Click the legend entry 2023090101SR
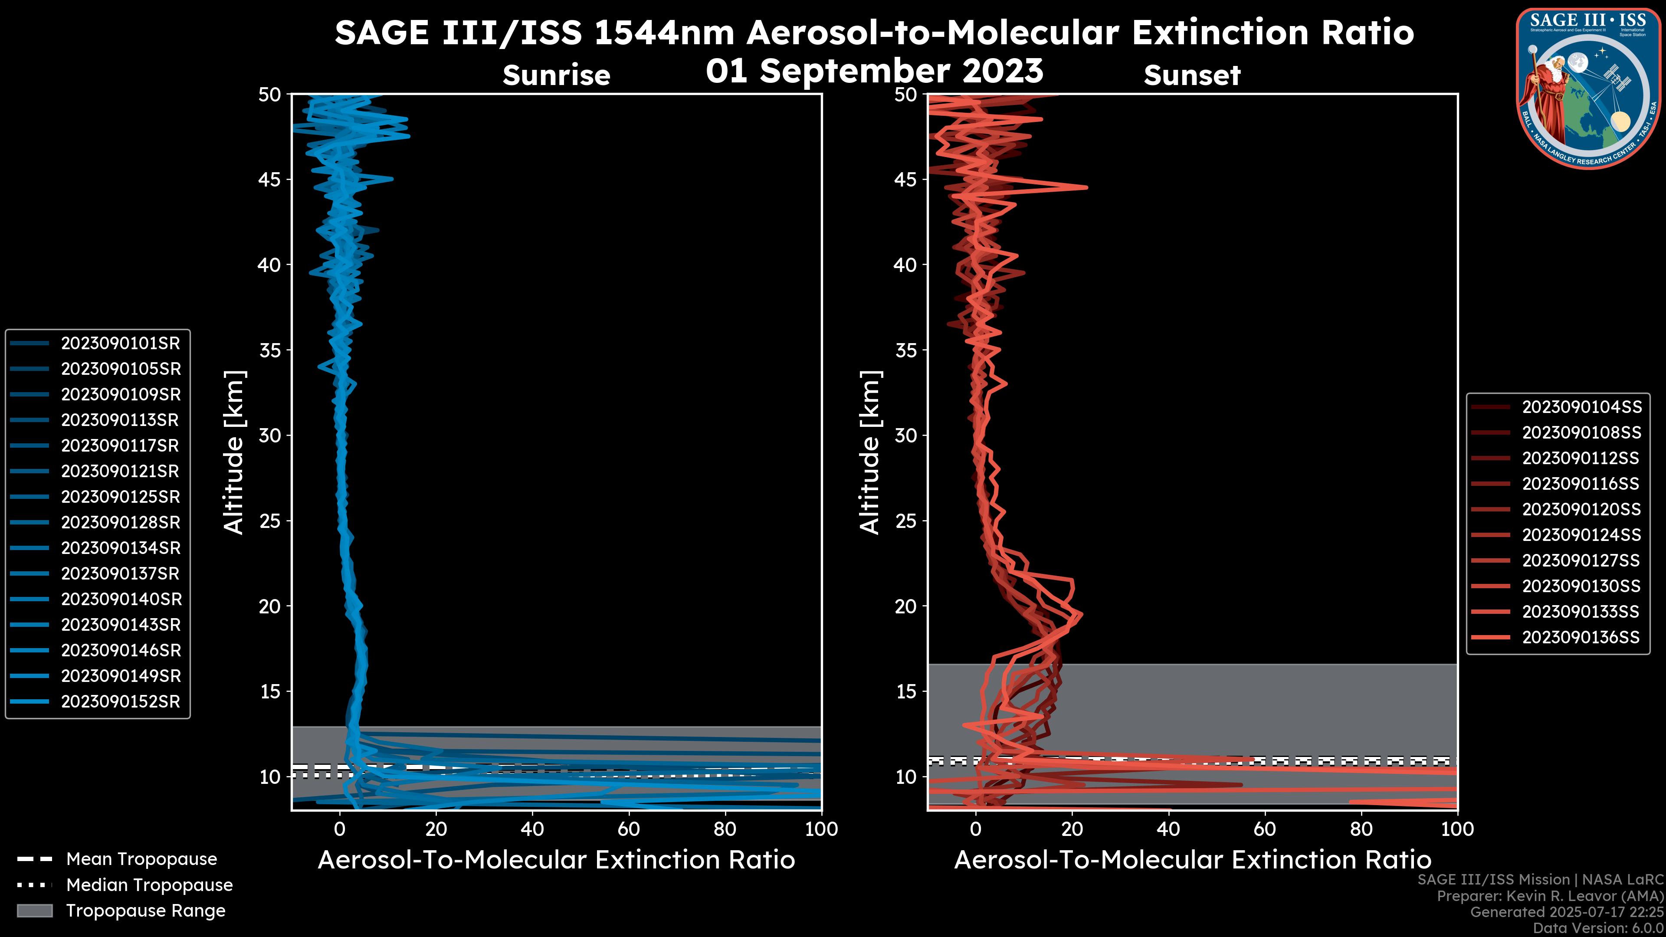(120, 344)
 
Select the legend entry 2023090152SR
(120, 701)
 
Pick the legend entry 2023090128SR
(120, 522)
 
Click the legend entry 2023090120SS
(1581, 510)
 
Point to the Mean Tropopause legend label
(141, 859)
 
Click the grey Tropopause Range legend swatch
(34, 911)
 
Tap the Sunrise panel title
(556, 75)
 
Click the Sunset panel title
(1192, 75)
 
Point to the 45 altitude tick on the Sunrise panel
(270, 180)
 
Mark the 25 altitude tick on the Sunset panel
(907, 521)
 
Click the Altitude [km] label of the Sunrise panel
(234, 452)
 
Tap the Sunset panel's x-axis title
(1192, 860)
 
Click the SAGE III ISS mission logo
(1588, 87)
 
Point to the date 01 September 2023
(874, 71)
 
